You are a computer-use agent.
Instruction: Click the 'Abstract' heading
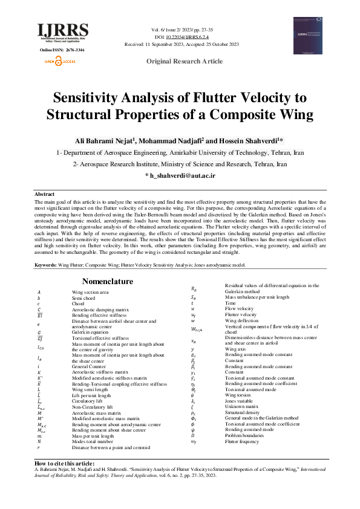pos(45,195)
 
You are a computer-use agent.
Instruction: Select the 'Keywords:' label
pos(46,265)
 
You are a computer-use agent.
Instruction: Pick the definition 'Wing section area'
pos(88,292)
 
